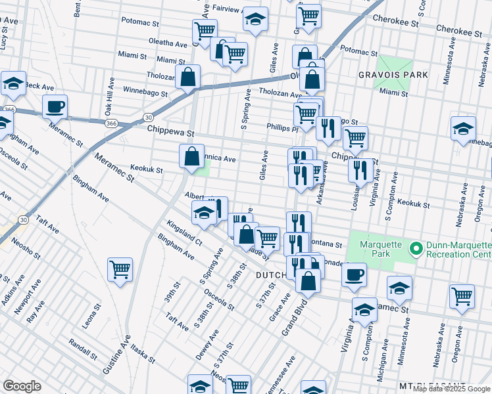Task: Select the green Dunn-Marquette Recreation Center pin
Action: (415, 249)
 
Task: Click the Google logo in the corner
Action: (22, 386)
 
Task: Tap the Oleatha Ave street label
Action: (168, 43)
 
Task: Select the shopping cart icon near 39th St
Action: (120, 269)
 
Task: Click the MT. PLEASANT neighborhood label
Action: (431, 385)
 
